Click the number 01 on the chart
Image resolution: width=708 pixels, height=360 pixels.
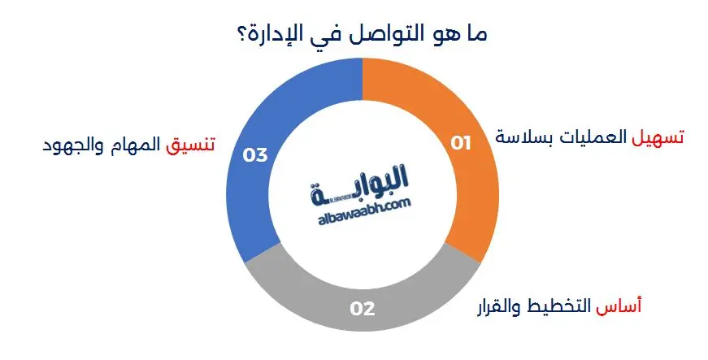click(x=462, y=144)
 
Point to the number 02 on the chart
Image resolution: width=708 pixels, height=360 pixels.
click(x=362, y=308)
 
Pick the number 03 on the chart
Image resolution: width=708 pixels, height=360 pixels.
click(x=255, y=154)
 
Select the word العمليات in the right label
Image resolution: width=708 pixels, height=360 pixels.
click(x=593, y=137)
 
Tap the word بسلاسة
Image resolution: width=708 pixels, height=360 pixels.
click(x=523, y=137)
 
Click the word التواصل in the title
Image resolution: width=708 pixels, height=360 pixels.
click(x=394, y=35)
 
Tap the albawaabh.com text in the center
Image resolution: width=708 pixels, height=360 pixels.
click(x=363, y=209)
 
